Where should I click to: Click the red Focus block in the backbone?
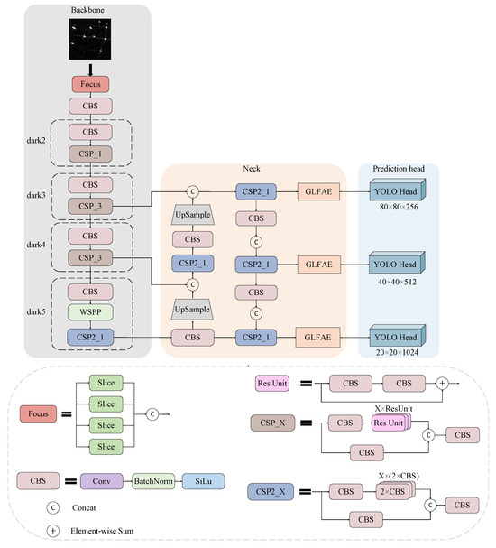point(90,84)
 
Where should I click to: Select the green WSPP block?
point(90,314)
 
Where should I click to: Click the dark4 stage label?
point(36,244)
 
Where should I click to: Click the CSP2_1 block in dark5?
point(90,337)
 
